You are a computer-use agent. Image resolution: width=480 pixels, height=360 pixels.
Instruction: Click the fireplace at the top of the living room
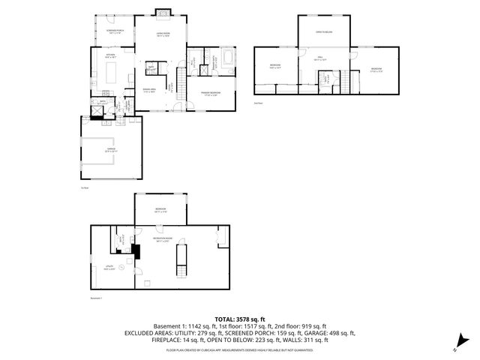pyautogui.click(x=162, y=12)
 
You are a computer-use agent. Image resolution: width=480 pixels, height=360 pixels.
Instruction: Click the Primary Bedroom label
pyautogui.click(x=209, y=94)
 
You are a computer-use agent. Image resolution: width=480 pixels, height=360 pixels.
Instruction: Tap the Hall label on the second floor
pyautogui.click(x=319, y=58)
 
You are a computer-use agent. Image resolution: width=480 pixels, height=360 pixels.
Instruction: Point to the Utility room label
pyautogui.click(x=109, y=266)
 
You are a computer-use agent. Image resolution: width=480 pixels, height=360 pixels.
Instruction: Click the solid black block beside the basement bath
pyautogui.click(x=136, y=252)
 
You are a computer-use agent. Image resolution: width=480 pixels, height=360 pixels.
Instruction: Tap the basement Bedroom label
pyautogui.click(x=160, y=209)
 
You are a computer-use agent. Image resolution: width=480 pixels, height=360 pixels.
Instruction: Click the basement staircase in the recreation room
pyautogui.click(x=179, y=260)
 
